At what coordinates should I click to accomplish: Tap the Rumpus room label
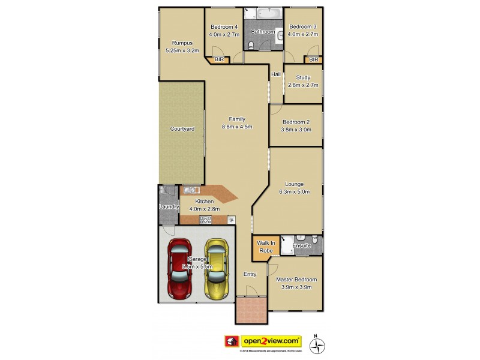click(182, 43)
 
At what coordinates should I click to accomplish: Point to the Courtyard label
click(182, 128)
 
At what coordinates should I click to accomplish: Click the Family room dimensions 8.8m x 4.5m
click(236, 127)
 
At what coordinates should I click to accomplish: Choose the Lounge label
click(295, 184)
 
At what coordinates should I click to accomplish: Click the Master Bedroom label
click(296, 280)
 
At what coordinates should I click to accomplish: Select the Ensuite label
click(301, 246)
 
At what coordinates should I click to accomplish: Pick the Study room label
click(303, 77)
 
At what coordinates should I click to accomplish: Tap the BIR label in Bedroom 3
click(313, 59)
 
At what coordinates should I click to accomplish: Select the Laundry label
click(169, 207)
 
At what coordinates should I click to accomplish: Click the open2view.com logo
click(271, 340)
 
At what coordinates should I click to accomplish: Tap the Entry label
click(250, 274)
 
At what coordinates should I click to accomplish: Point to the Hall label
click(276, 74)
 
